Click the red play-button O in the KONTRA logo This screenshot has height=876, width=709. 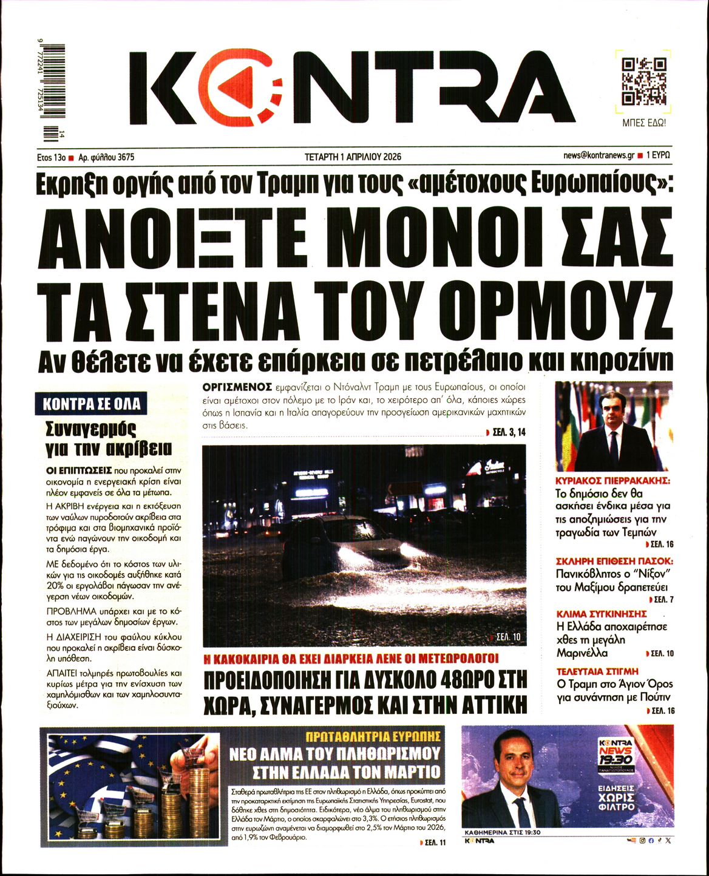(243, 87)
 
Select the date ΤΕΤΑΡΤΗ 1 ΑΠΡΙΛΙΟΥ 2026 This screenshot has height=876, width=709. (353, 157)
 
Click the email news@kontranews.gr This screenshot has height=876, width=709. (598, 155)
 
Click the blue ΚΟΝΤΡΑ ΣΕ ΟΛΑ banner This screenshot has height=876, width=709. (92, 404)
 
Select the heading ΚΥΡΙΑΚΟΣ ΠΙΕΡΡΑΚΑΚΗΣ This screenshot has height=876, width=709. (612, 480)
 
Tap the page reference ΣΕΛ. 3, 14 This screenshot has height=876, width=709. (506, 432)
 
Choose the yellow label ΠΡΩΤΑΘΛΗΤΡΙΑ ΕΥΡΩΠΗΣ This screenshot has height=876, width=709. (373, 736)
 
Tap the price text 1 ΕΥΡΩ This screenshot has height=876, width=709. (658, 155)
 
